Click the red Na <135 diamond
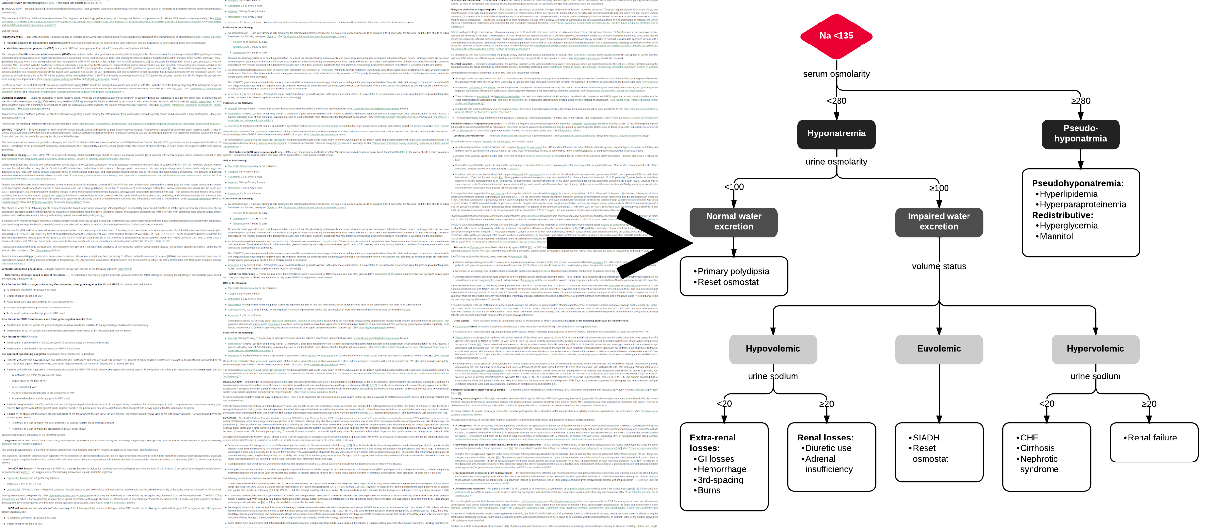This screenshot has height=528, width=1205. [x=836, y=36]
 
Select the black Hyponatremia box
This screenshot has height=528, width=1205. [x=836, y=133]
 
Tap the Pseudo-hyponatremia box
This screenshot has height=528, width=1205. [x=1080, y=133]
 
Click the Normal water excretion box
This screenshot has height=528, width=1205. [x=733, y=221]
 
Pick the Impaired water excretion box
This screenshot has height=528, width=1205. [x=939, y=221]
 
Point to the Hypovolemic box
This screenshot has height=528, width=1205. [x=773, y=349]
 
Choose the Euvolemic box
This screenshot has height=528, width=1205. [x=939, y=349]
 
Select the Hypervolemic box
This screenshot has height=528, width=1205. [x=1095, y=349]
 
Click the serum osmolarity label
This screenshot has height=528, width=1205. [x=837, y=74]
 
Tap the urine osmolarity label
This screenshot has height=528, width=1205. [x=837, y=162]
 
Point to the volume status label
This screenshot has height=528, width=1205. [x=939, y=266]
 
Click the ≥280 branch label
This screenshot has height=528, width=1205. [x=1080, y=101]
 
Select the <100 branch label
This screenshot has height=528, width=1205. [x=734, y=187]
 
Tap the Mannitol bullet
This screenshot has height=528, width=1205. [x=1056, y=236]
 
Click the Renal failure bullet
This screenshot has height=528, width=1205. [x=1152, y=438]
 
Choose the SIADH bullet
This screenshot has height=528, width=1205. [x=925, y=438]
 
